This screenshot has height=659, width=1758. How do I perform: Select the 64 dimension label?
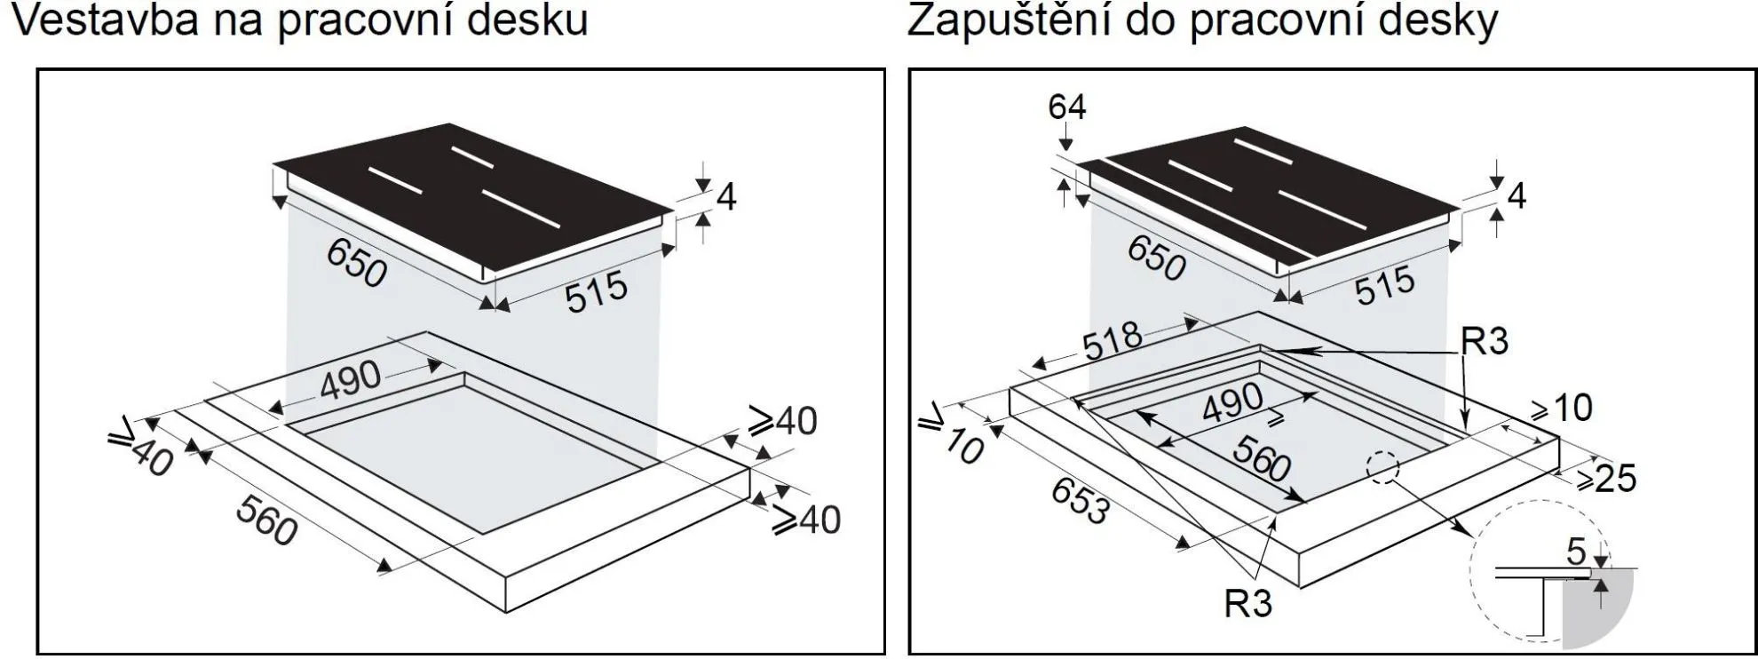tap(1066, 107)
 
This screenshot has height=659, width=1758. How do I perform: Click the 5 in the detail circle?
tap(1575, 552)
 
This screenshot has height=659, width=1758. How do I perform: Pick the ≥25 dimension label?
tap(1606, 480)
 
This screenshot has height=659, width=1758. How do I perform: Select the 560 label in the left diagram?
tap(266, 520)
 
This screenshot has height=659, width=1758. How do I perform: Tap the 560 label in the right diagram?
tap(1262, 461)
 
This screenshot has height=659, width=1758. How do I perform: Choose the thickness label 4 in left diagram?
tap(725, 197)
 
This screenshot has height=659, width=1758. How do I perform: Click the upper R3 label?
tap(1485, 341)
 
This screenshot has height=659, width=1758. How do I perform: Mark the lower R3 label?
tap(1247, 604)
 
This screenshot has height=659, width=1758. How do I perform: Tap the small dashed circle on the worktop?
tap(1382, 467)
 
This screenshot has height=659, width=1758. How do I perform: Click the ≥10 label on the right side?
tap(1562, 408)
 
